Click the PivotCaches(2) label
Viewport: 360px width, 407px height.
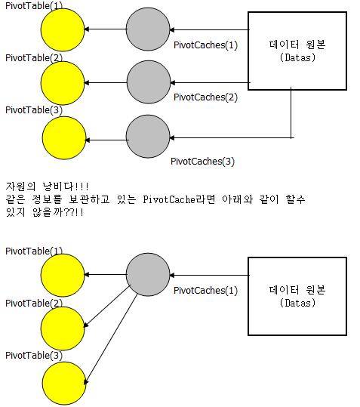click(x=205, y=97)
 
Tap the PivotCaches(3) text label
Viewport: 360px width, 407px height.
click(x=202, y=162)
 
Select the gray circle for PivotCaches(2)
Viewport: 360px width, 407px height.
click(x=149, y=82)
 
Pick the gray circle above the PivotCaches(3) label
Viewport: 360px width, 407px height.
click(x=148, y=136)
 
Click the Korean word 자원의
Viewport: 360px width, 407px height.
click(x=20, y=187)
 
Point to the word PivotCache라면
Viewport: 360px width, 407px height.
click(x=179, y=199)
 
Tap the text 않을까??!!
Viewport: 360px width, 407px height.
click(x=58, y=212)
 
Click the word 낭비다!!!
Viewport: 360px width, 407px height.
click(x=66, y=187)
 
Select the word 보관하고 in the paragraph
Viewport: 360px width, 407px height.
click(x=89, y=199)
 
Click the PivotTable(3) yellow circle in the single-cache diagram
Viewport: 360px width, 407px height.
click(x=64, y=383)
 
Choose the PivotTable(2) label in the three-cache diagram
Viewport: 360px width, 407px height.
click(x=34, y=57)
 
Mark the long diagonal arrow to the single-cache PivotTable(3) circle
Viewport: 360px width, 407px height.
click(x=111, y=338)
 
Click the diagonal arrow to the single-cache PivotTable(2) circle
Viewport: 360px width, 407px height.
click(x=108, y=306)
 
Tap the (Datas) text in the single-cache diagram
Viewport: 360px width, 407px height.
click(x=297, y=303)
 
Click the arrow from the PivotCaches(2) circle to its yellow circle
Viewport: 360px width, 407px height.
click(x=106, y=83)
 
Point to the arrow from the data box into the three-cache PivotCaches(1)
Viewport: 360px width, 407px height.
click(x=209, y=30)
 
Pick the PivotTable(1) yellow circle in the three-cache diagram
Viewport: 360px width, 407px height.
click(x=63, y=30)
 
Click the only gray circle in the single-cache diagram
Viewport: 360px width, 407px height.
click(x=148, y=274)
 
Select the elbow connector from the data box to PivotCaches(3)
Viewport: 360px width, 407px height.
click(x=291, y=138)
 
